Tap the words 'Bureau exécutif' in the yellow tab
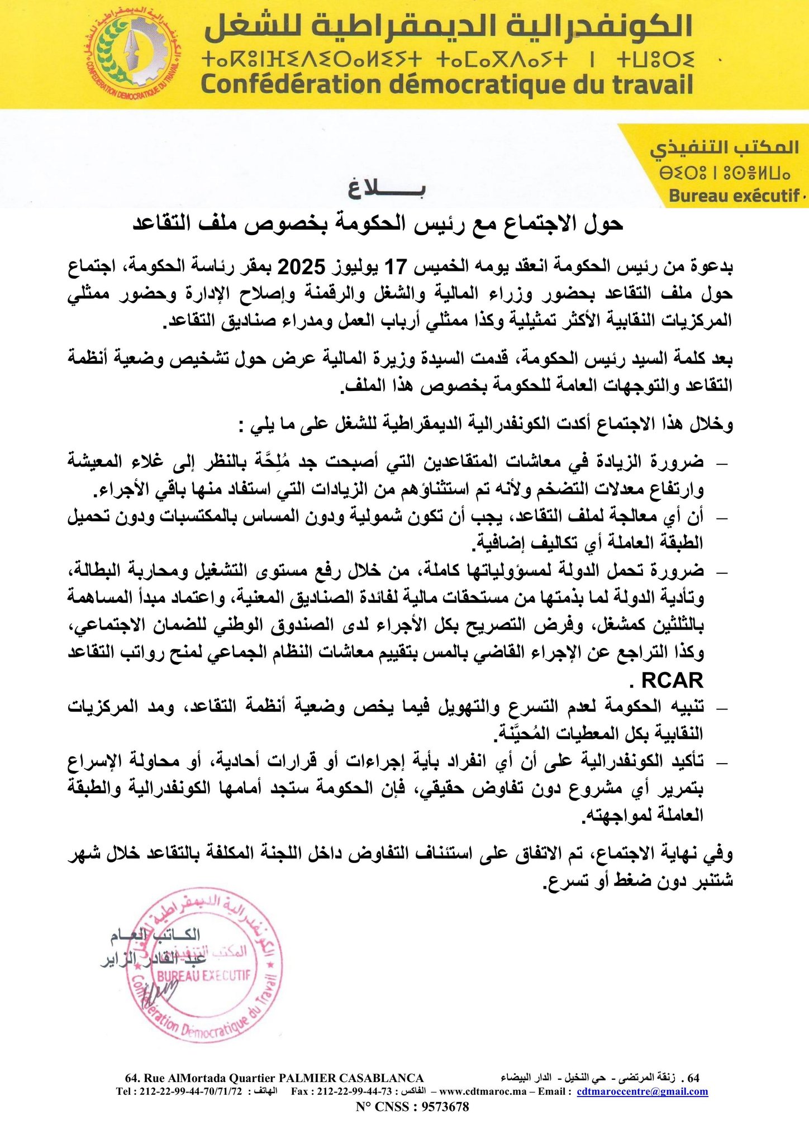coord(734,196)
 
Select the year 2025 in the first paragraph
coord(302,267)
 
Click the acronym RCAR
coord(672,680)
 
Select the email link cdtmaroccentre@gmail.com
coord(642,1091)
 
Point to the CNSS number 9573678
coord(444,1106)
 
